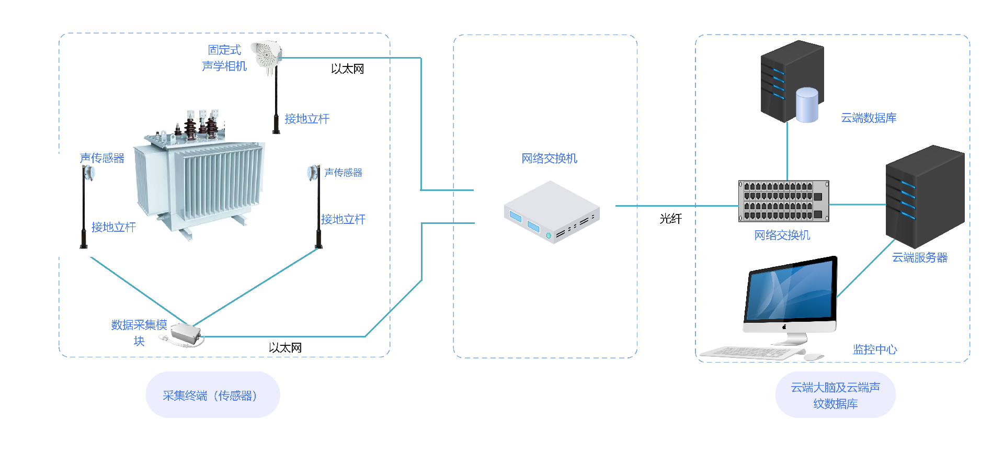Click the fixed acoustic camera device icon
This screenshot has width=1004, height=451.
267,55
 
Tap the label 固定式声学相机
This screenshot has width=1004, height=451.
224,58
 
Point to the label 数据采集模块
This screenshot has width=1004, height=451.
139,332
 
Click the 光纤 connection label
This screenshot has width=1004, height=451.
670,219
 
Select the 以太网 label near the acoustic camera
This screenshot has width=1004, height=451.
347,69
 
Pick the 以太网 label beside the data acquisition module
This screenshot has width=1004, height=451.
285,348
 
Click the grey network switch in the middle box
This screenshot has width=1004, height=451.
551,212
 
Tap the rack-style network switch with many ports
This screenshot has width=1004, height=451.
783,201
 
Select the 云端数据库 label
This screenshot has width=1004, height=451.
869,118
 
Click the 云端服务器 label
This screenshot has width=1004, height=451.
919,257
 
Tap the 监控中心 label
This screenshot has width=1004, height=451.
875,349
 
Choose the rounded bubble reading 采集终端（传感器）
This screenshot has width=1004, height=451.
212,395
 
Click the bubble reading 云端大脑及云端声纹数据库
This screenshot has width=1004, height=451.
835,395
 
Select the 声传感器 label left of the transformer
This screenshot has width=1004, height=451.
102,158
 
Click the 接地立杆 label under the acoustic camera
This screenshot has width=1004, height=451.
307,119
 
